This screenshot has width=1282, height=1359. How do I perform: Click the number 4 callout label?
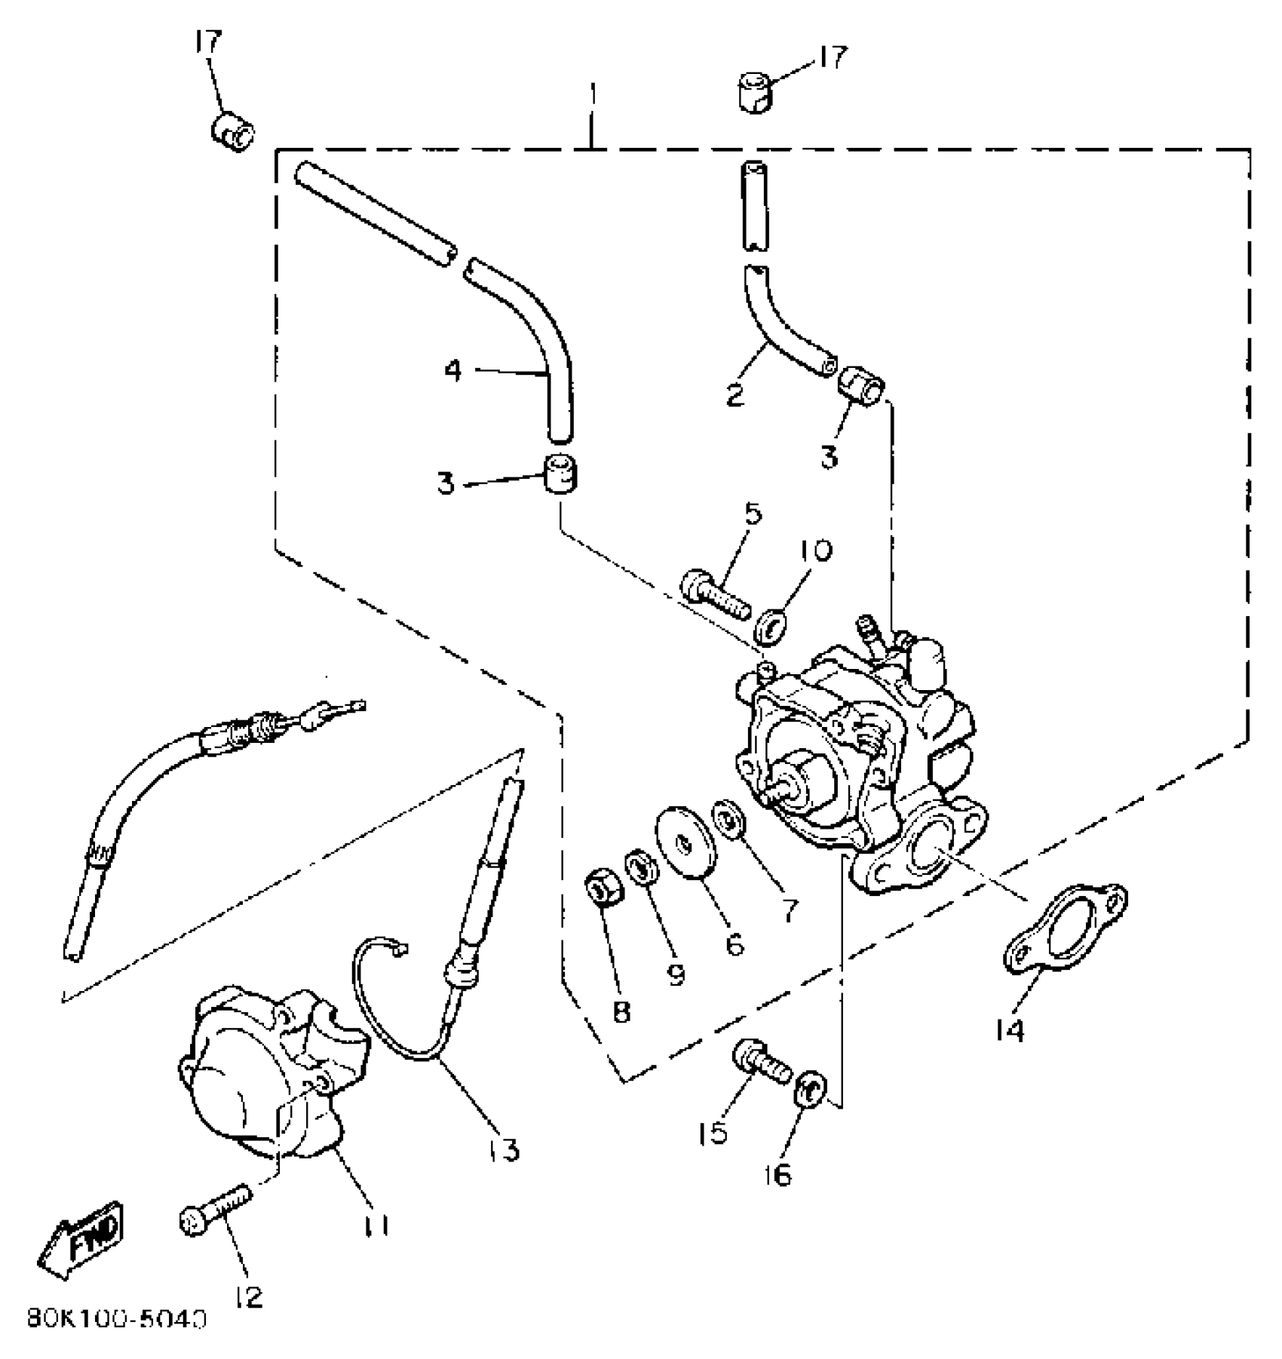[x=452, y=370]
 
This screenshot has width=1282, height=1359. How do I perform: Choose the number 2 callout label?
[x=735, y=394]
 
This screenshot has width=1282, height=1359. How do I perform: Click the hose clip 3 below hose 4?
[x=560, y=475]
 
